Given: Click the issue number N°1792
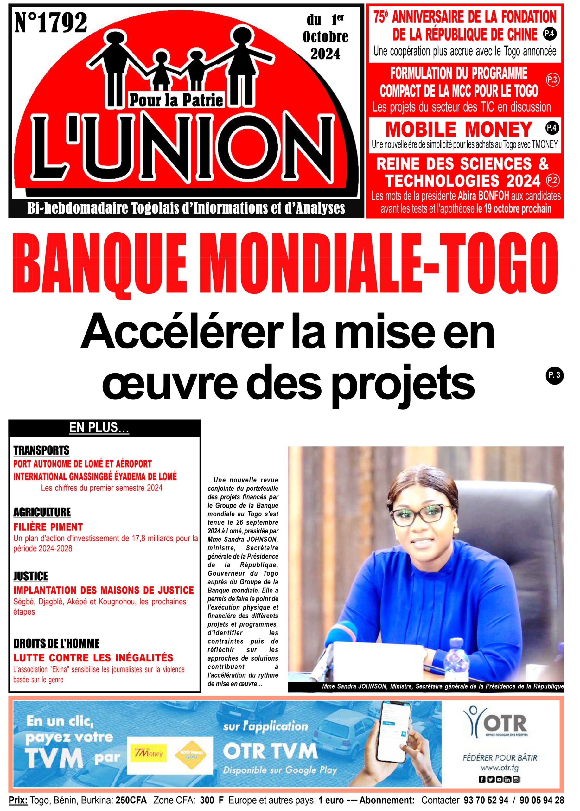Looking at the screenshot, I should [51, 23].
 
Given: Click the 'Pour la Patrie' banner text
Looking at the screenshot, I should [176, 100].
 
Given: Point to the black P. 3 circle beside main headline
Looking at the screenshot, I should [554, 375].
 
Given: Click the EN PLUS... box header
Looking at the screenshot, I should [99, 427].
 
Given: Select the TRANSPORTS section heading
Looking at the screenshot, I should [41, 450].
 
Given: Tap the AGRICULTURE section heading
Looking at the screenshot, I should [42, 512].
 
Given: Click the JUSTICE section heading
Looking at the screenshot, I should [31, 576].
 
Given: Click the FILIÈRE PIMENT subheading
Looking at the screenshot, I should [48, 527].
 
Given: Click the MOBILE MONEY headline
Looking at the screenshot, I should [459, 129].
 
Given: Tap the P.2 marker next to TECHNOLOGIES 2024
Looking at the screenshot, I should [552, 180].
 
